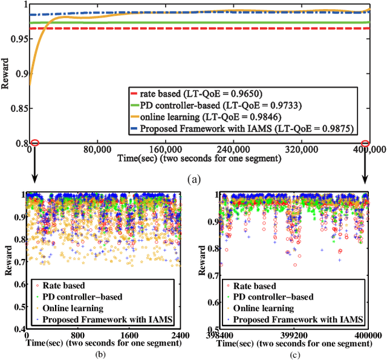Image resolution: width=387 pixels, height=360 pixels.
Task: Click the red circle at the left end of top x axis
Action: click(x=34, y=143)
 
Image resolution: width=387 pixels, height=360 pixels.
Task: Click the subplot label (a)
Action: click(x=193, y=178)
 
